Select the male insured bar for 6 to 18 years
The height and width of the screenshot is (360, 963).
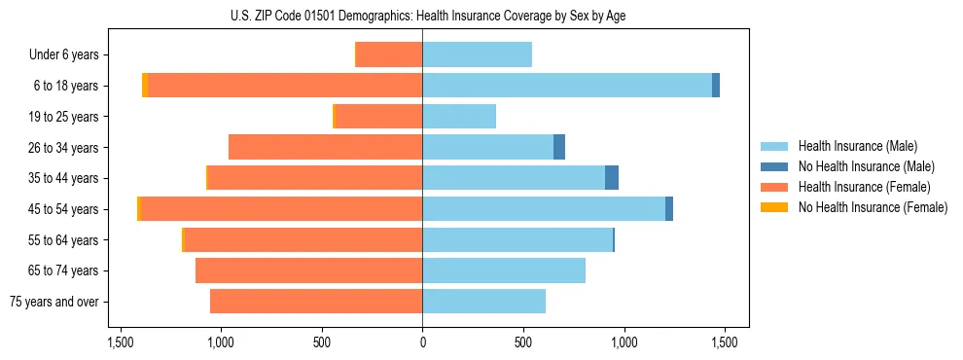pyautogui.click(x=566, y=86)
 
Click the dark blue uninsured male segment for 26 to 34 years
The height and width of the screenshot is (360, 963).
pyautogui.click(x=559, y=147)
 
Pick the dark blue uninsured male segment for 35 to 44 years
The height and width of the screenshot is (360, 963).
pyautogui.click(x=612, y=178)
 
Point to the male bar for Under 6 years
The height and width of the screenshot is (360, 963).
pyautogui.click(x=477, y=54)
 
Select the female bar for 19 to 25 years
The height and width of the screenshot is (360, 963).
pyautogui.click(x=378, y=117)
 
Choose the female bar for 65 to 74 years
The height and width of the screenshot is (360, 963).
pyautogui.click(x=308, y=270)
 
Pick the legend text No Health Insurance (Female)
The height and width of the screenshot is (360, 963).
pyautogui.click(x=873, y=207)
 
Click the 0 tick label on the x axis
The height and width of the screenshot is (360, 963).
pyautogui.click(x=422, y=343)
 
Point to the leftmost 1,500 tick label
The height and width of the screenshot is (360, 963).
pyautogui.click(x=120, y=343)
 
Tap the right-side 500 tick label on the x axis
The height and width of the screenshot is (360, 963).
pyautogui.click(x=523, y=343)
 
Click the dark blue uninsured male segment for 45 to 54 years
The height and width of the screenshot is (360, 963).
pyautogui.click(x=669, y=209)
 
